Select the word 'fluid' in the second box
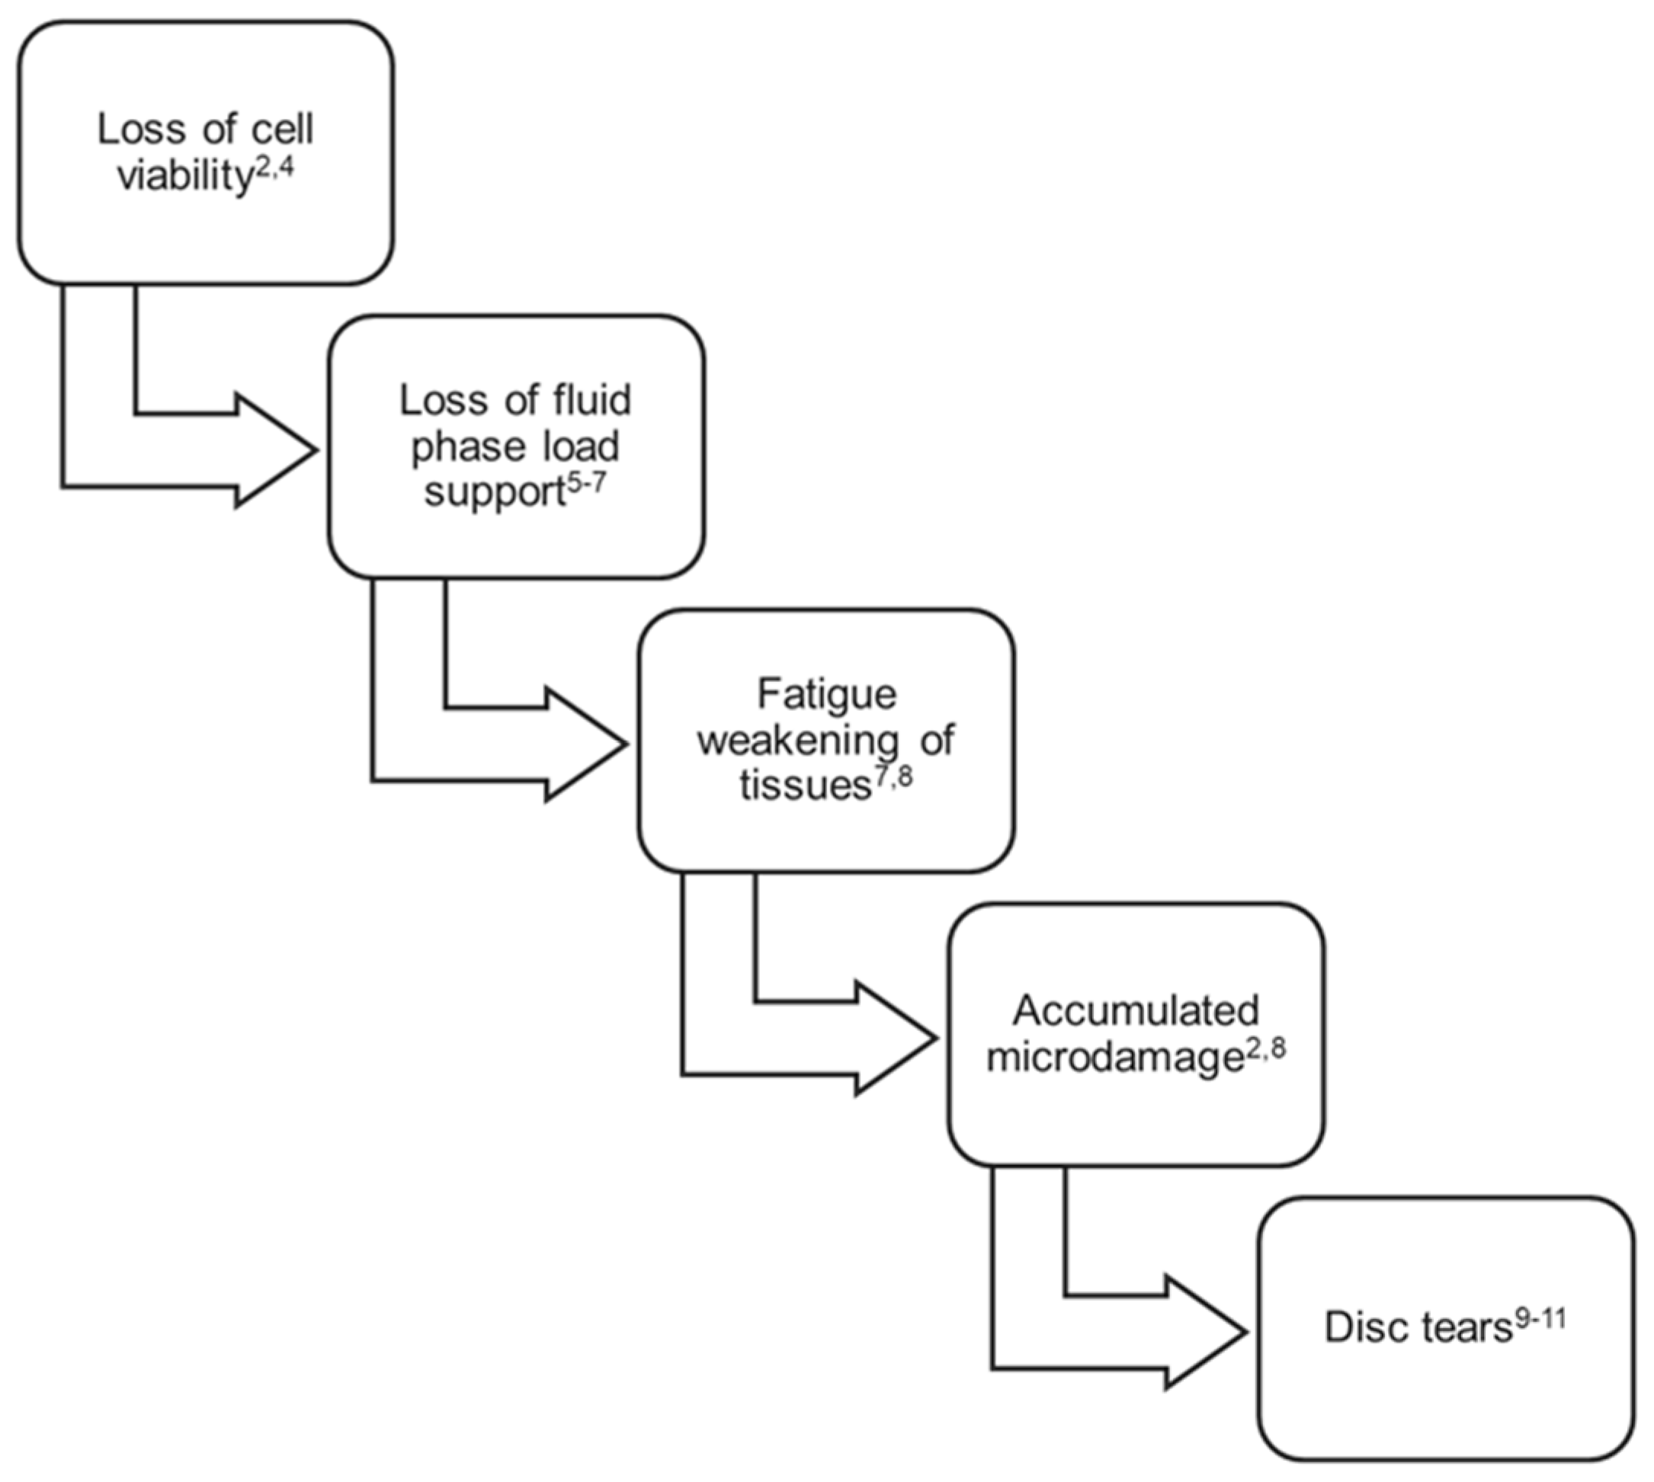[x=597, y=400]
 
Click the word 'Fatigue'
[x=826, y=695]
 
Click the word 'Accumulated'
[x=1136, y=1010]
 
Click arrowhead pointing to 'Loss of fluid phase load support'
[x=277, y=450]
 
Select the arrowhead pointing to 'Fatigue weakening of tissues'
[x=586, y=744]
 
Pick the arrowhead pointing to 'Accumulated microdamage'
[x=896, y=1039]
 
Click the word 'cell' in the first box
[x=283, y=130]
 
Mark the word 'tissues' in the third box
[x=806, y=786]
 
